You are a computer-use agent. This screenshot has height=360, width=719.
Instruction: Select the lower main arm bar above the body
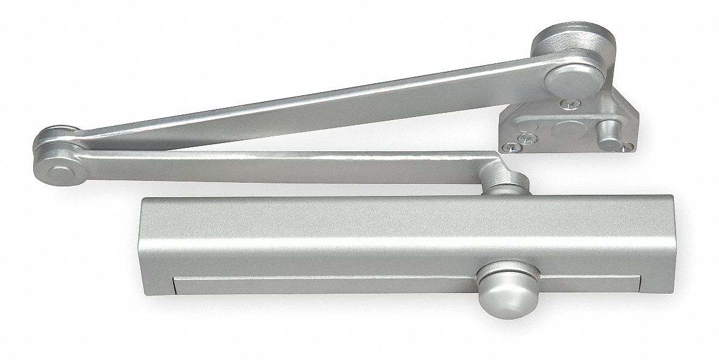click(x=271, y=163)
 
